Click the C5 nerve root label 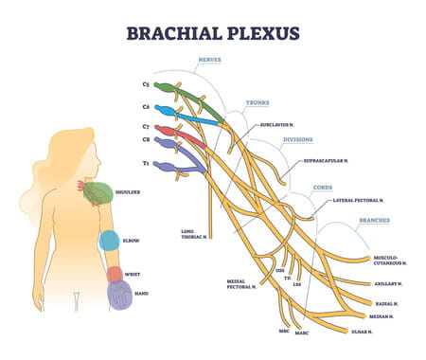[146, 84]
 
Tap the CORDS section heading [323, 187]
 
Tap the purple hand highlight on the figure [119, 296]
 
